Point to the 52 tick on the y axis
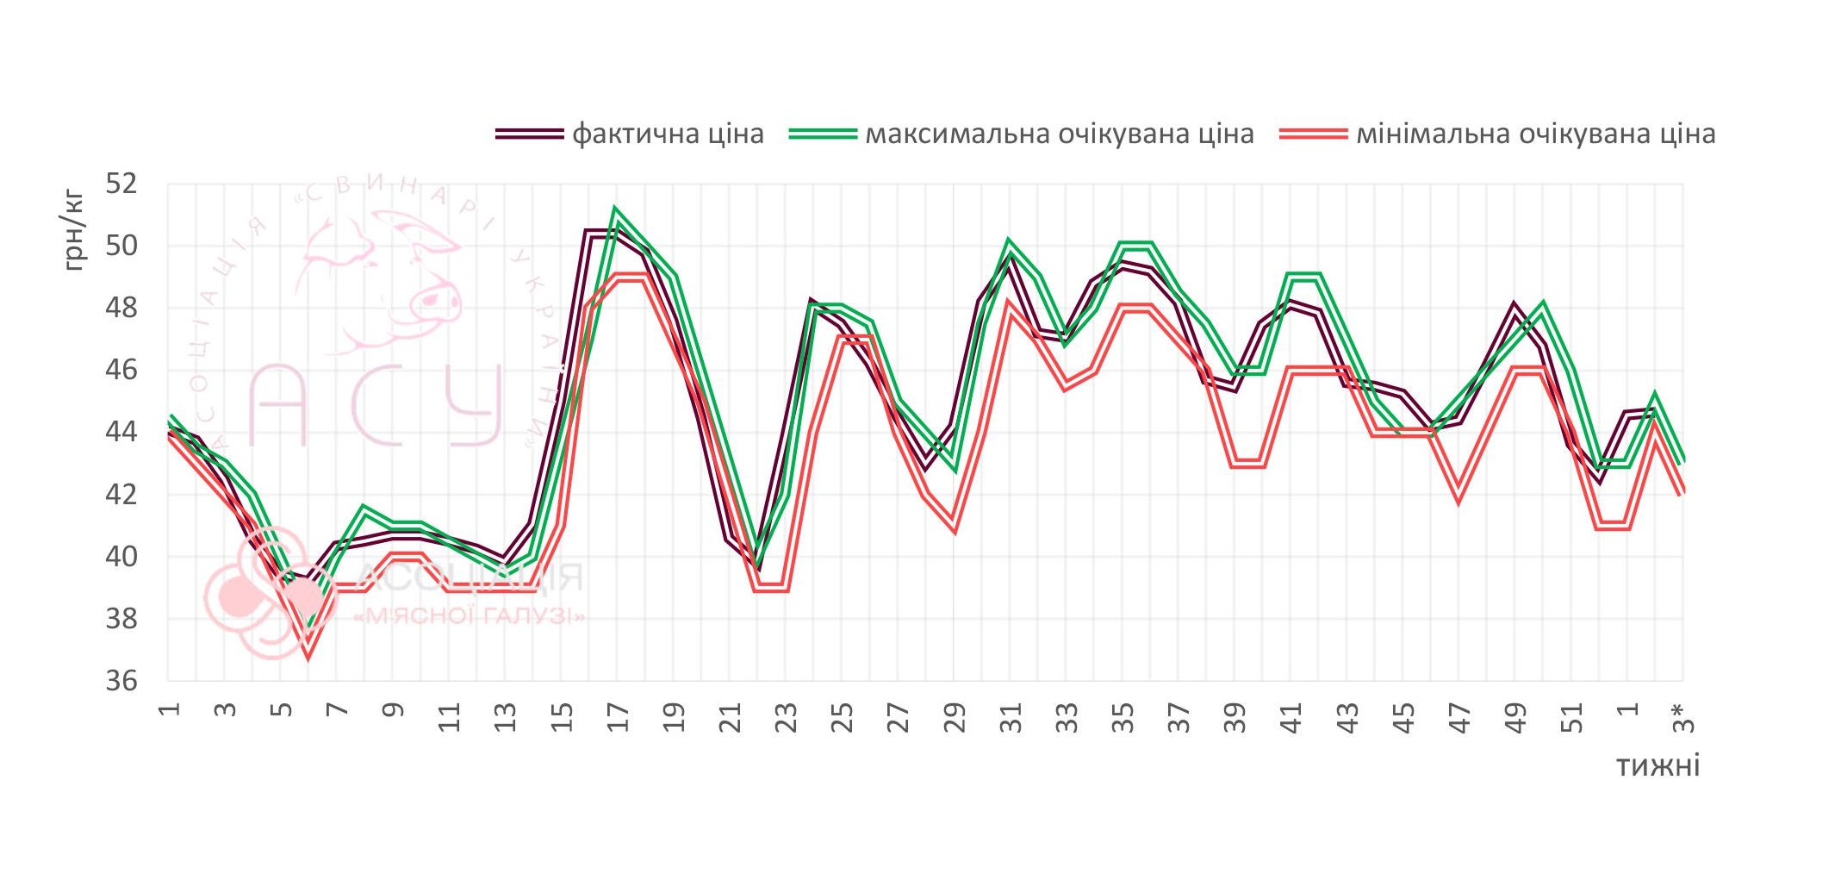121,184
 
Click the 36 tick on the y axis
121,681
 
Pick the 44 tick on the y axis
121,432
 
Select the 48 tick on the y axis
121,308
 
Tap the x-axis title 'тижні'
1658,765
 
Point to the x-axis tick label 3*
1682,717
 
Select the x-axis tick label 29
955,717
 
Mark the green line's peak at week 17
615,210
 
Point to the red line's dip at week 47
1458,501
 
